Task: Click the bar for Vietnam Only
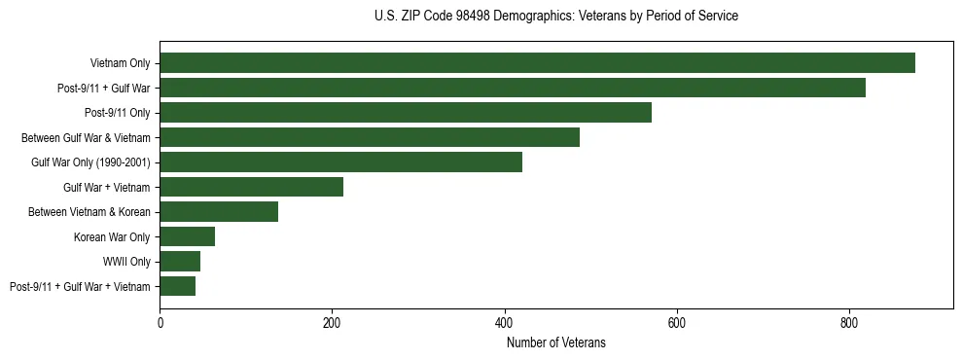tap(537, 63)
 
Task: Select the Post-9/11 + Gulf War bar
tap(513, 88)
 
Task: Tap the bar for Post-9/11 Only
tap(406, 113)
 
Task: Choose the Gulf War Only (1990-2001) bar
tap(340, 162)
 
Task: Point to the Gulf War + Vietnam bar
tap(251, 187)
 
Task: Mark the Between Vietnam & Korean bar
tap(219, 212)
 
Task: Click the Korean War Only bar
tap(187, 236)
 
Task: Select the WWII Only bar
tap(180, 262)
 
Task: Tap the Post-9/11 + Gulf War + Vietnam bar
tap(177, 286)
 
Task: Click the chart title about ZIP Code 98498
tap(555, 17)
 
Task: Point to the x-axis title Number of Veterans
tap(555, 342)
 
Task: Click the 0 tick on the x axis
tap(160, 322)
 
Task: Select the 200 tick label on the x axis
tap(332, 322)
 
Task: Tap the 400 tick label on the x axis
tap(504, 322)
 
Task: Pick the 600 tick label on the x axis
tap(677, 322)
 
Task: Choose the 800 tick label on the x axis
tap(849, 322)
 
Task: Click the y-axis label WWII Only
tap(126, 262)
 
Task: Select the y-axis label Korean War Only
tap(112, 236)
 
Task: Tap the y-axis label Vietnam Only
tap(120, 63)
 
